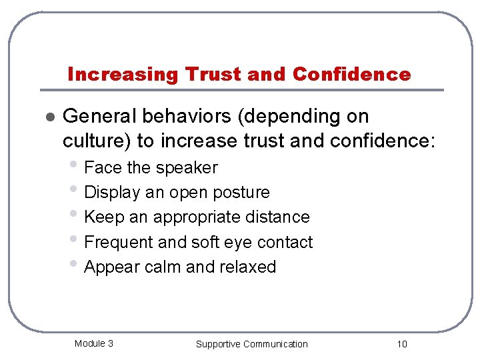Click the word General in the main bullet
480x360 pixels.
100,117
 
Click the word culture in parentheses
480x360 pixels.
93,141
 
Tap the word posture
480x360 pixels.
237,193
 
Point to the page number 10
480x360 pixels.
401,344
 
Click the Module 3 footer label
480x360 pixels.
93,343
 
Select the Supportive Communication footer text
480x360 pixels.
251,344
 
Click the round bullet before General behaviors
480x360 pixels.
48,117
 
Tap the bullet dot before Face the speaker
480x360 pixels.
77,165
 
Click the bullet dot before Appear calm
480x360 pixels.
77,265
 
